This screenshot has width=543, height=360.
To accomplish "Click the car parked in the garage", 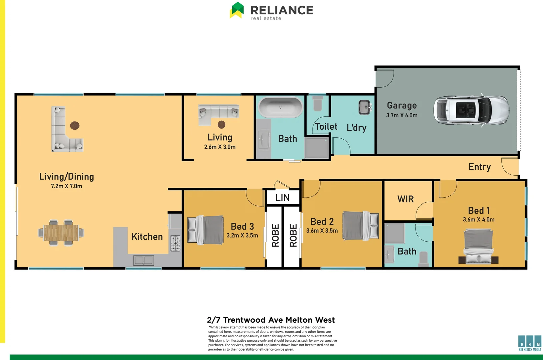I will click(471, 110).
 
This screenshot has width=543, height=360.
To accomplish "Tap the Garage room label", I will click(402, 106).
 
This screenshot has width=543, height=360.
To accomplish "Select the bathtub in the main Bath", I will click(281, 107).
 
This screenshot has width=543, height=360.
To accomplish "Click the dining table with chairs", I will click(61, 232).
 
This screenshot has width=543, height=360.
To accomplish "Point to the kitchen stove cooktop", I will click(175, 243).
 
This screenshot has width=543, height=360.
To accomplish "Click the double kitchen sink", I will click(143, 260).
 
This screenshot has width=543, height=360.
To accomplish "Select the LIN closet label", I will click(283, 198).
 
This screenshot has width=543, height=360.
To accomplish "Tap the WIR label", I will click(406, 199).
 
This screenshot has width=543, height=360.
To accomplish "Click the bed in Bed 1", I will click(478, 246).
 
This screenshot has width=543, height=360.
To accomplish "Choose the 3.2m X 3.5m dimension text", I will click(242, 236).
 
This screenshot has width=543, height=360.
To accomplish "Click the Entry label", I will click(479, 167).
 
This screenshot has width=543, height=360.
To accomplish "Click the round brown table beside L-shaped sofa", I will click(75, 125).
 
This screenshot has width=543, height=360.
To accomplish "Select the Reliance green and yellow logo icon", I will click(237, 10).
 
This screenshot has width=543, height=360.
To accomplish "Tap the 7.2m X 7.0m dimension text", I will click(66, 186).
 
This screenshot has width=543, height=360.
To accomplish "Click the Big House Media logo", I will click(530, 343).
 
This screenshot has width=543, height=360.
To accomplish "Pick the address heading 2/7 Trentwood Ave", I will click(271, 320).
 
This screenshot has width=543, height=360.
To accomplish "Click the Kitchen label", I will click(147, 237).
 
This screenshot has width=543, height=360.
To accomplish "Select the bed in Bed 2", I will click(361, 225).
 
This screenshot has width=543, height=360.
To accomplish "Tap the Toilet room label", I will click(326, 127).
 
